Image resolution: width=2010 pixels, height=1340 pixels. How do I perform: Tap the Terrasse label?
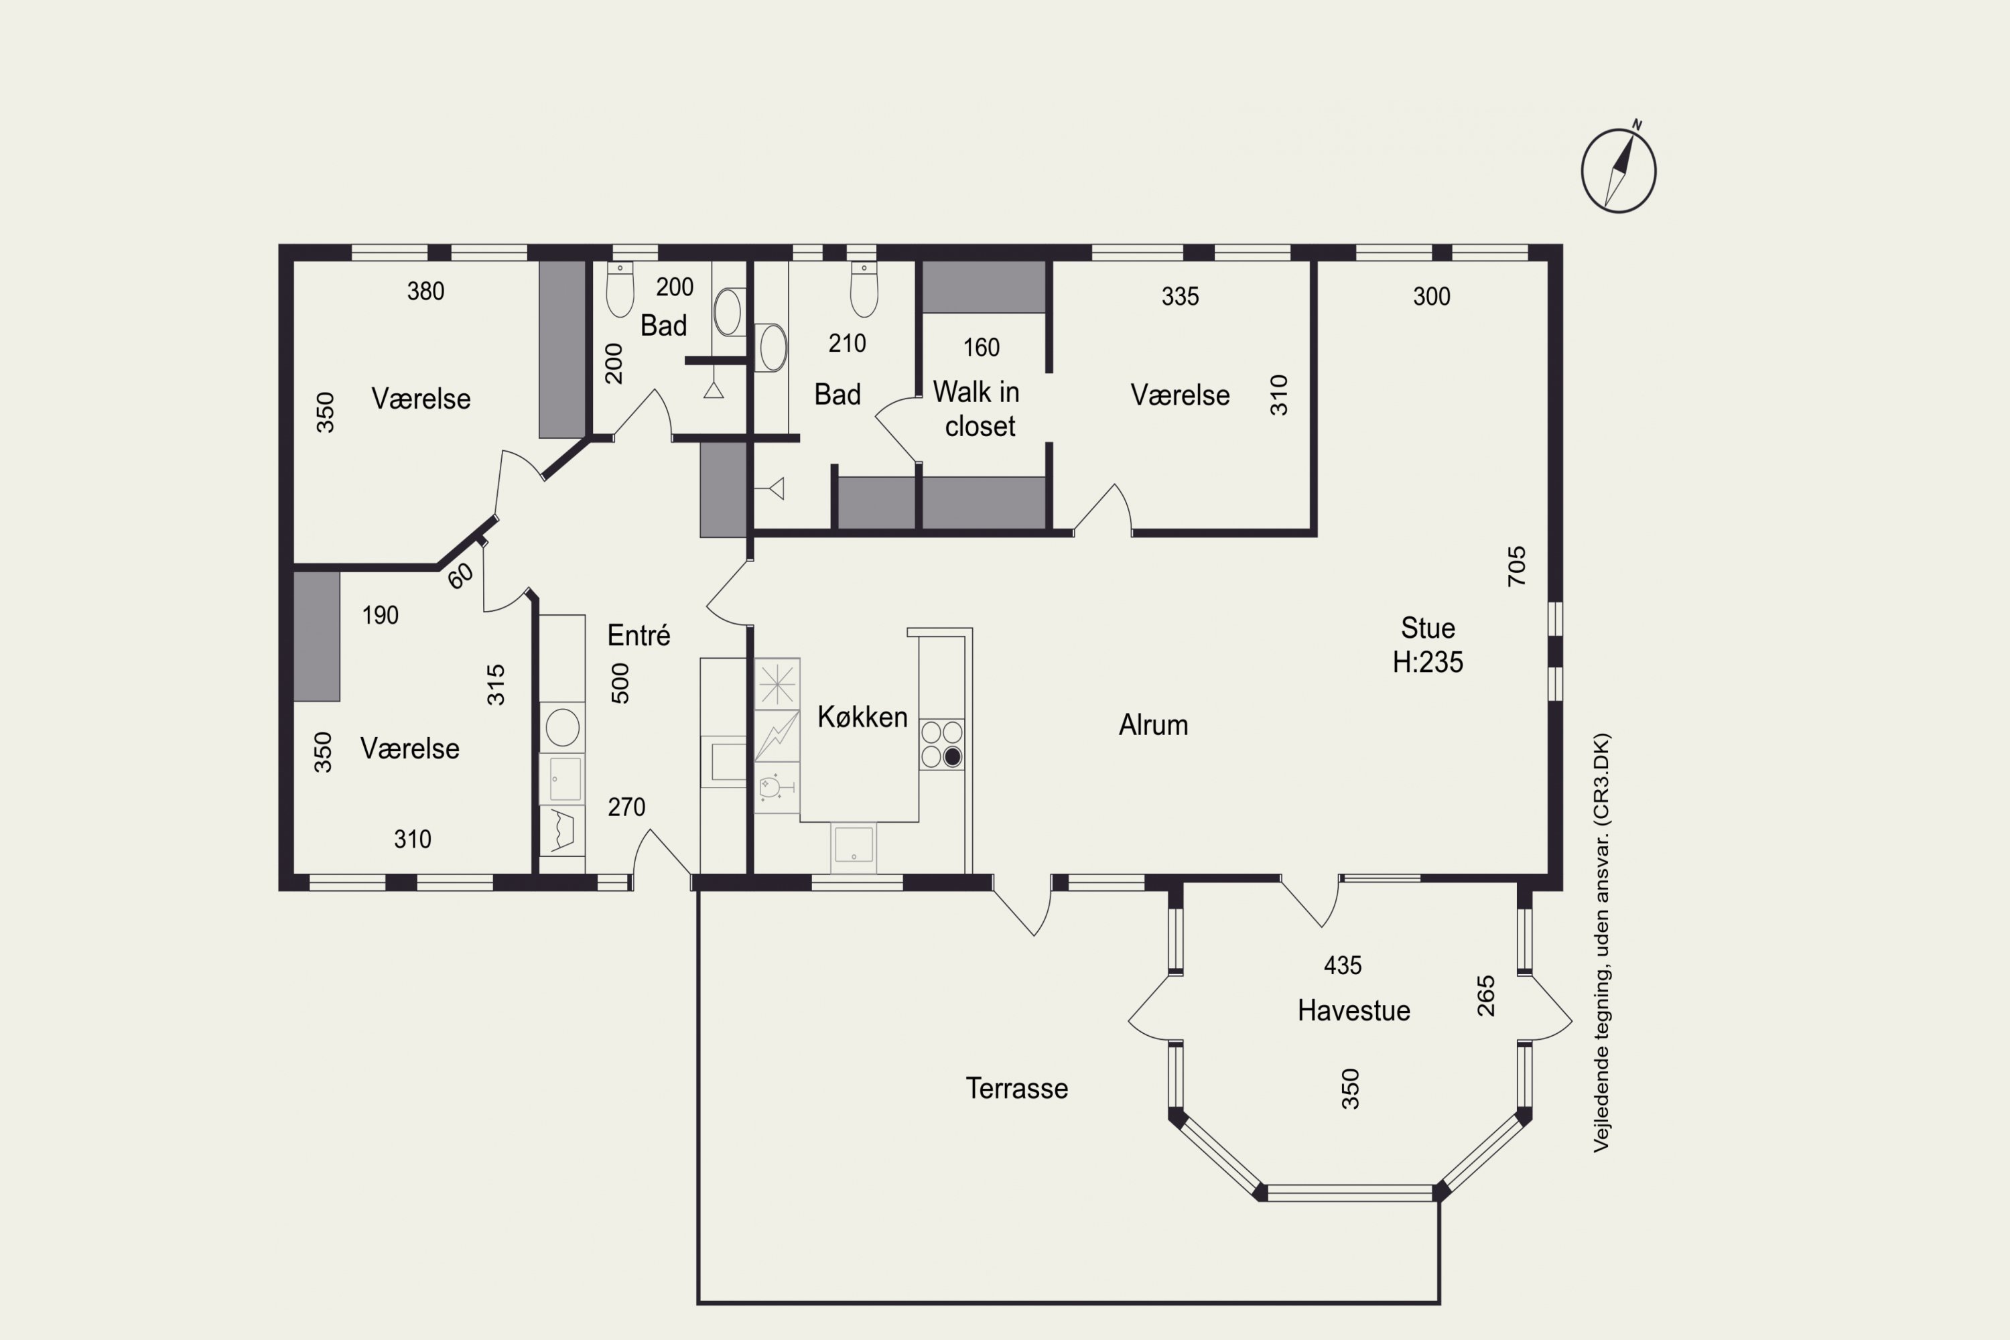pyautogui.click(x=1017, y=1088)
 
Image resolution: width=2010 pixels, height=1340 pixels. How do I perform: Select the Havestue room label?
pyautogui.click(x=1353, y=1010)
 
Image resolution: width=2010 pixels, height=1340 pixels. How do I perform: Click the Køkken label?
pyautogui.click(x=862, y=716)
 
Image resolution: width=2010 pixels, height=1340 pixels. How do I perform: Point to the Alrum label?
pyautogui.click(x=1154, y=725)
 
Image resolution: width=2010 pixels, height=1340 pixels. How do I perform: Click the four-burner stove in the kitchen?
pyautogui.click(x=942, y=744)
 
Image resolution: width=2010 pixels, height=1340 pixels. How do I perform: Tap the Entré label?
pyautogui.click(x=639, y=635)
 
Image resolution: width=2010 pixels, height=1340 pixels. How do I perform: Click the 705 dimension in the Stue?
pyautogui.click(x=1516, y=565)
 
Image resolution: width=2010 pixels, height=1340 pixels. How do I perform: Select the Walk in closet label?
pyautogui.click(x=977, y=409)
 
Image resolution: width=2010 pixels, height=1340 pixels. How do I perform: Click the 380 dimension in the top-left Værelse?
pyautogui.click(x=425, y=291)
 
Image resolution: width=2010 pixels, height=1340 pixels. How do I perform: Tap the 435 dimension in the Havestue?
pyautogui.click(x=1343, y=965)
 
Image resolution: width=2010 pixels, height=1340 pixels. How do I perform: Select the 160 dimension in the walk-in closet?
pyautogui.click(x=981, y=347)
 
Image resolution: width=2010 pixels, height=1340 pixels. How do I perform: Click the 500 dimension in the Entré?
pyautogui.click(x=620, y=683)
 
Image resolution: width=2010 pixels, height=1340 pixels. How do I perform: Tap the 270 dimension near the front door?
pyautogui.click(x=626, y=807)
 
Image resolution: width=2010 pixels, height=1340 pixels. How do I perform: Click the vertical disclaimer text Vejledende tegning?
pyautogui.click(x=1601, y=943)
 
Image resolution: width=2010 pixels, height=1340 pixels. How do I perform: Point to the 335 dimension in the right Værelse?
pyautogui.click(x=1180, y=297)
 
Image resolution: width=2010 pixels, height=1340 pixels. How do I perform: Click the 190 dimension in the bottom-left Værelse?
pyautogui.click(x=381, y=615)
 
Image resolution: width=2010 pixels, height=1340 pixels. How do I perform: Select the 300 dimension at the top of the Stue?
pyautogui.click(x=1431, y=297)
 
